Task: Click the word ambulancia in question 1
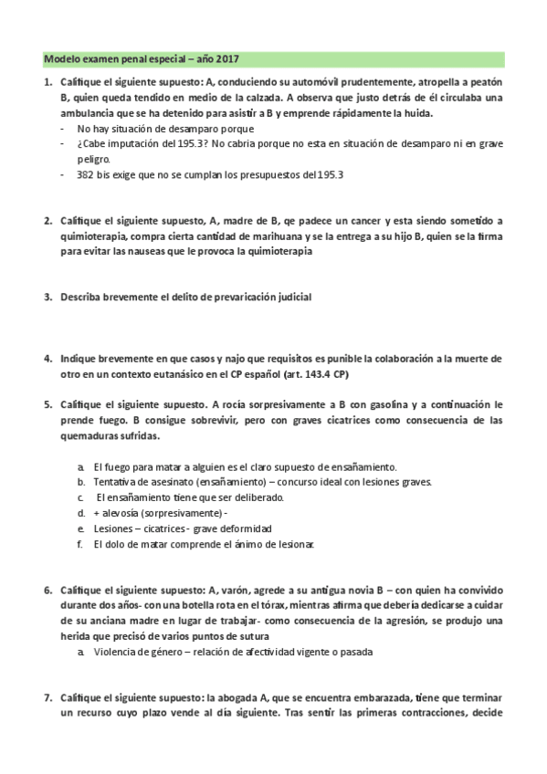pyautogui.click(x=69, y=113)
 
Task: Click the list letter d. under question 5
pyautogui.click(x=81, y=513)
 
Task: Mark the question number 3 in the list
pyautogui.click(x=48, y=298)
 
